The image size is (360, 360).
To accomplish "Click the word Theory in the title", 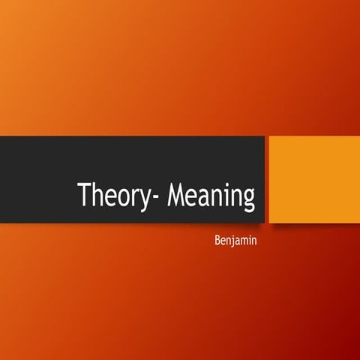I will click(112, 196).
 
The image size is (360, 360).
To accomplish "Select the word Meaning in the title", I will click(211, 196).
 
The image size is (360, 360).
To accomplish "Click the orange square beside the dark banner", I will click(313, 179).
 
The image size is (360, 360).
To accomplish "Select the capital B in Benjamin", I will click(217, 241).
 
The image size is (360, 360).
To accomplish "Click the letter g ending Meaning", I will click(249, 201).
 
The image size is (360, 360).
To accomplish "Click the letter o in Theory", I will click(121, 198).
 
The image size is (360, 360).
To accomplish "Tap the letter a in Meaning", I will click(205, 198).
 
